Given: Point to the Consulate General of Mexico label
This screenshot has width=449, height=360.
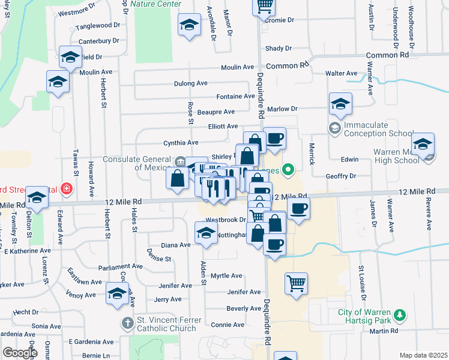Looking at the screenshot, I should pyautogui.click(x=137, y=163).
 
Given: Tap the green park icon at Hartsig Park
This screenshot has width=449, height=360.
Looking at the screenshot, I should pyautogui.click(x=399, y=314).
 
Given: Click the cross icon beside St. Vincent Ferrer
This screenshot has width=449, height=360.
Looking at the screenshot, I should pyautogui.click(x=127, y=323).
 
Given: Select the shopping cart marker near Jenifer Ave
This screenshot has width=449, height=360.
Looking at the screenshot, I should pyautogui.click(x=296, y=283).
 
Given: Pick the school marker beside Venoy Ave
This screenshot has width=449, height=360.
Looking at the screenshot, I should pyautogui.click(x=117, y=293).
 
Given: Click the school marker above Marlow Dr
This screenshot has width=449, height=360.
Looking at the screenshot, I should pyautogui.click(x=340, y=104).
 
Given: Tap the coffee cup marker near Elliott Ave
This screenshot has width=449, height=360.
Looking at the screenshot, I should pyautogui.click(x=274, y=138).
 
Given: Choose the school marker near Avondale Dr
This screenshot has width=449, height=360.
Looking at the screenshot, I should pyautogui.click(x=190, y=25).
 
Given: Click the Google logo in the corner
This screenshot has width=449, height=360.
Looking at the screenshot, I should pyautogui.click(x=20, y=353).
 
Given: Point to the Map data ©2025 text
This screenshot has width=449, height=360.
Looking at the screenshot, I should pyautogui.click(x=423, y=355).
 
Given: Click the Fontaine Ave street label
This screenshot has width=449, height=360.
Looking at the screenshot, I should pyautogui.click(x=236, y=96).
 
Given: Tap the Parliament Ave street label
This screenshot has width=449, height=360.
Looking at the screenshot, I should pyautogui.click(x=121, y=266).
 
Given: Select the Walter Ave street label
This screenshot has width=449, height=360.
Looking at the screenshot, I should pyautogui.click(x=341, y=73).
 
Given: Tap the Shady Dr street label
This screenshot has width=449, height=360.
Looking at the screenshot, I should pyautogui.click(x=279, y=49).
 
